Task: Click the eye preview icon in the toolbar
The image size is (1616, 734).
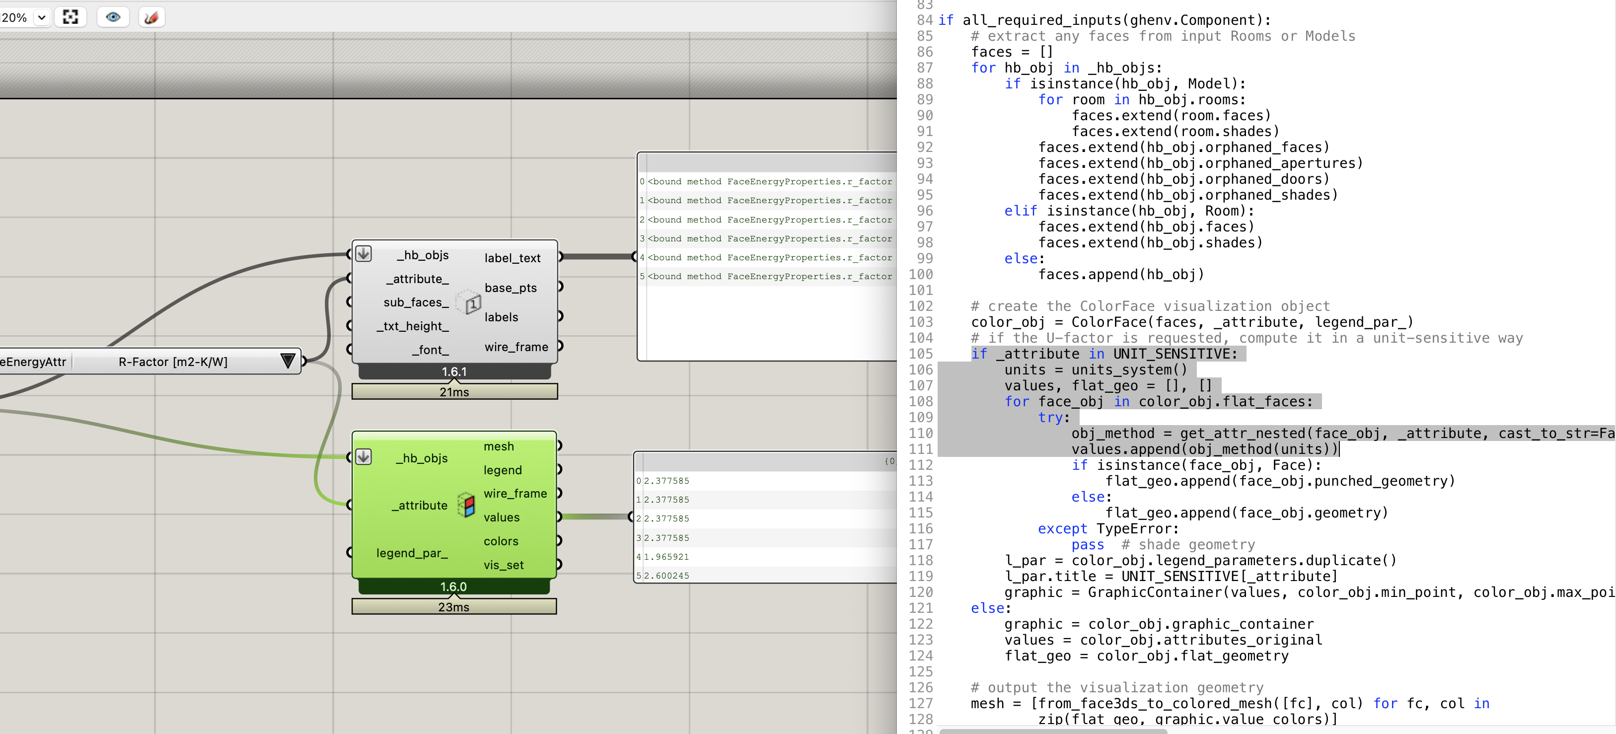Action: click(x=113, y=17)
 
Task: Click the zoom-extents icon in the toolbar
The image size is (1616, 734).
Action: click(x=70, y=17)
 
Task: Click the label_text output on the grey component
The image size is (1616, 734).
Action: click(x=512, y=258)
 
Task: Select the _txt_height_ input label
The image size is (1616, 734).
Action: click(x=413, y=326)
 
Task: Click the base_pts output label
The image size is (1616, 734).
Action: click(x=510, y=288)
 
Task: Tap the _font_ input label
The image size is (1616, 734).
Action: click(x=431, y=350)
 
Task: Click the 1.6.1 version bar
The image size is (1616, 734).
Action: click(x=454, y=372)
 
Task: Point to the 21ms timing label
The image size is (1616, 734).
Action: click(x=454, y=392)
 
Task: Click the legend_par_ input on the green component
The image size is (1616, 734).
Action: click(x=412, y=553)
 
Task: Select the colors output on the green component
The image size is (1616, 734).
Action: click(x=501, y=541)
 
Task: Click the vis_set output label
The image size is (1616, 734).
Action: click(x=503, y=565)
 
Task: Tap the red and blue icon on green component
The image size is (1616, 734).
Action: click(x=466, y=505)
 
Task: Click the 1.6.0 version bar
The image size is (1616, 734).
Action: click(x=453, y=587)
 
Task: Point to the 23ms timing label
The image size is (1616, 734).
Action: click(x=453, y=607)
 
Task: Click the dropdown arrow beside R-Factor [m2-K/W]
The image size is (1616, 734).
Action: click(x=288, y=362)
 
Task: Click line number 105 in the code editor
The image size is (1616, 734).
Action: click(x=920, y=354)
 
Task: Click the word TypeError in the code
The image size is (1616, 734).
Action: click(x=1137, y=529)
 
